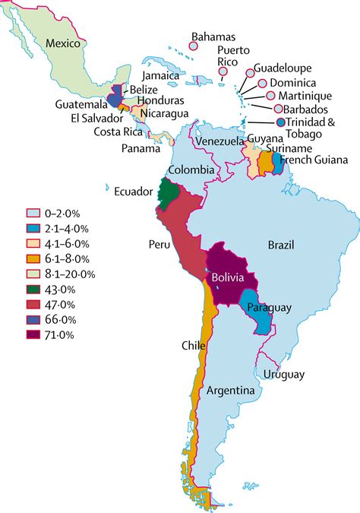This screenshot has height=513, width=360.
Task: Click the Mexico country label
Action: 62,43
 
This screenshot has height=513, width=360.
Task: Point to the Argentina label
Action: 229,391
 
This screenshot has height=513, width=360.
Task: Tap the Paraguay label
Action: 265,308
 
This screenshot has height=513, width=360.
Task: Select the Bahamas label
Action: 213,36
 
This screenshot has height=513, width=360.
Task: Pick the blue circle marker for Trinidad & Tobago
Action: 281,122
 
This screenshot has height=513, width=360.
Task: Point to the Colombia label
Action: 190,170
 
